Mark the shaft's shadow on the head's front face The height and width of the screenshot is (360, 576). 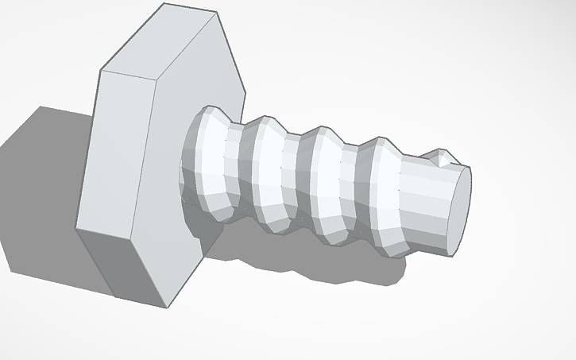click(199, 230)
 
